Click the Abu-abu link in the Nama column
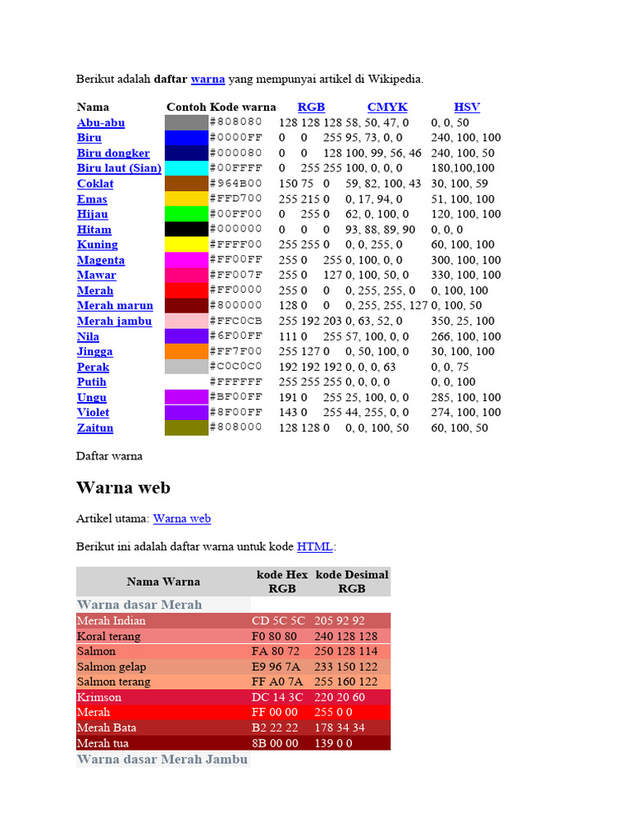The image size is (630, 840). [x=101, y=123]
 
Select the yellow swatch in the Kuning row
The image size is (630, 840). [x=186, y=244]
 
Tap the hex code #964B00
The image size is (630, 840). [x=236, y=184]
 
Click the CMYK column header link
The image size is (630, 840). [x=387, y=107]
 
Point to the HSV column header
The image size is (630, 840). [x=467, y=107]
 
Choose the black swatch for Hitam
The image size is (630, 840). [x=186, y=230]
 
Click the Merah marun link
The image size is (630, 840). [x=115, y=305]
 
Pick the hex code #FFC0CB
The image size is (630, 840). [x=236, y=321]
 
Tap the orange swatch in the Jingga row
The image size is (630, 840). [x=186, y=351]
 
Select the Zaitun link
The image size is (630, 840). [x=95, y=427]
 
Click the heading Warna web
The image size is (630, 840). [x=123, y=487]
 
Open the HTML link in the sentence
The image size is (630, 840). [x=315, y=546]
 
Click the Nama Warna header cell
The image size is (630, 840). [x=163, y=582]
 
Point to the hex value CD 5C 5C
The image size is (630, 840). [x=278, y=621]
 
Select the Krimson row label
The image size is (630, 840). [x=99, y=697]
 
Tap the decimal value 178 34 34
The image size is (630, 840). [x=340, y=728]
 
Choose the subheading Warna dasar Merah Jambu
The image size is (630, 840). [x=162, y=760]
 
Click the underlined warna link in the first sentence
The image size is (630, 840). [x=208, y=79]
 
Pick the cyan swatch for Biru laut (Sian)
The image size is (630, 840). [x=186, y=168]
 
